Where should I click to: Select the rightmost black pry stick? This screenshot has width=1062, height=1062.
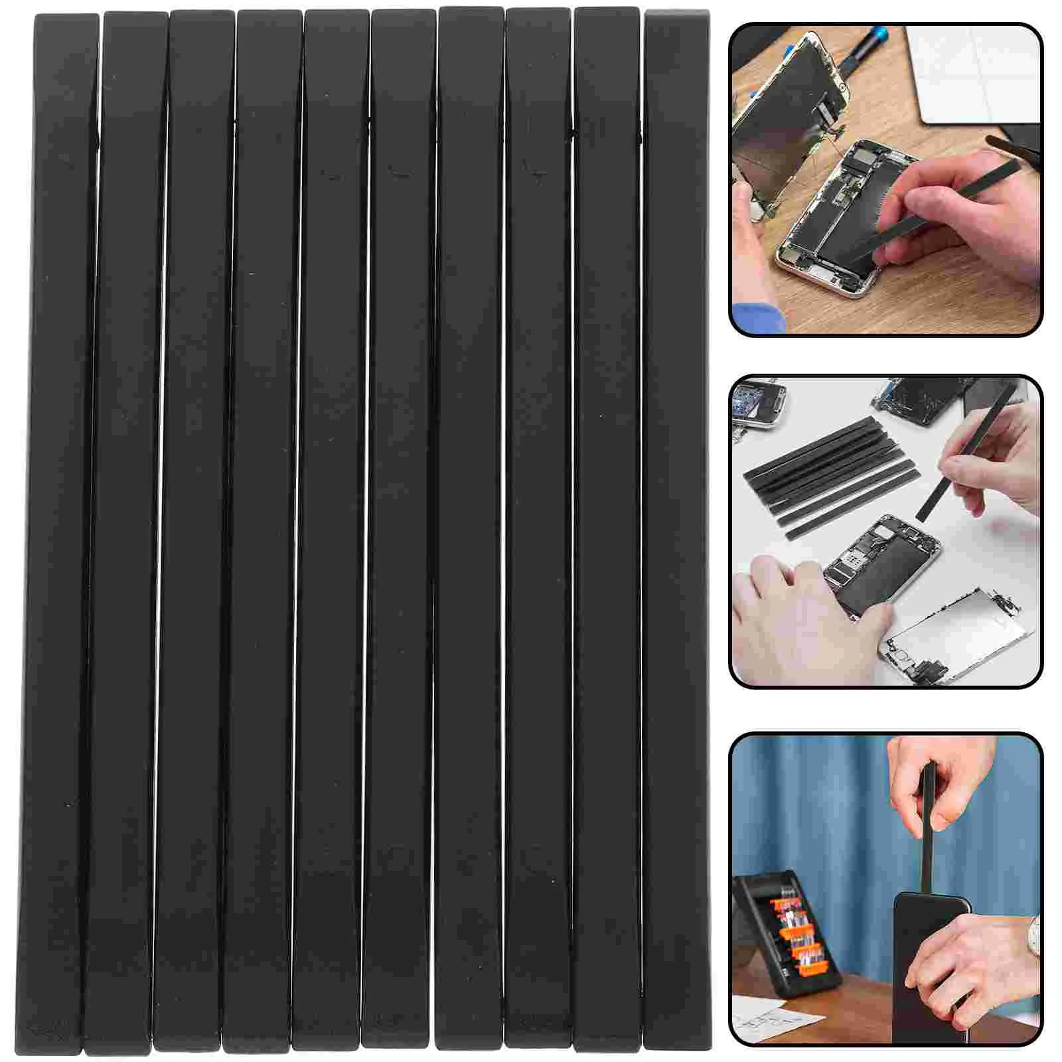(676, 531)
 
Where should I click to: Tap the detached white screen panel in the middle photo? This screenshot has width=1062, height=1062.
(956, 631)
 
